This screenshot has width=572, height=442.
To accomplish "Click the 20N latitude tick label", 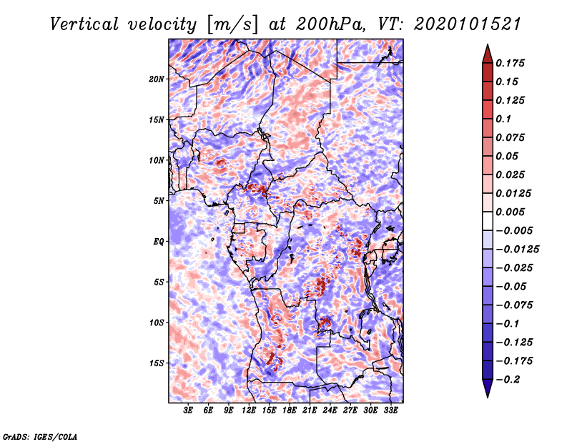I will point(157,79).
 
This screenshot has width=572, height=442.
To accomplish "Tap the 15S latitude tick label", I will point(157,363).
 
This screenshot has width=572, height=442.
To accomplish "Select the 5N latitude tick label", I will point(159,201).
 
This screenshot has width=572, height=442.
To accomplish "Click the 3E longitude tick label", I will point(189,411).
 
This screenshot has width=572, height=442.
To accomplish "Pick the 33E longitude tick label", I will point(390,411).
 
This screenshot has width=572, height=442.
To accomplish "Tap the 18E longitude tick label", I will point(290,411).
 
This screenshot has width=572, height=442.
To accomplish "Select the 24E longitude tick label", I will point(330,411).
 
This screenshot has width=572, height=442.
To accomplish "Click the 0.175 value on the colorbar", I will point(512,63).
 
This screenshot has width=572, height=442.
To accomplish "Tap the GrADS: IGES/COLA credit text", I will point(40,436).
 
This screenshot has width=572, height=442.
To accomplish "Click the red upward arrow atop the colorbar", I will point(487,52).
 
